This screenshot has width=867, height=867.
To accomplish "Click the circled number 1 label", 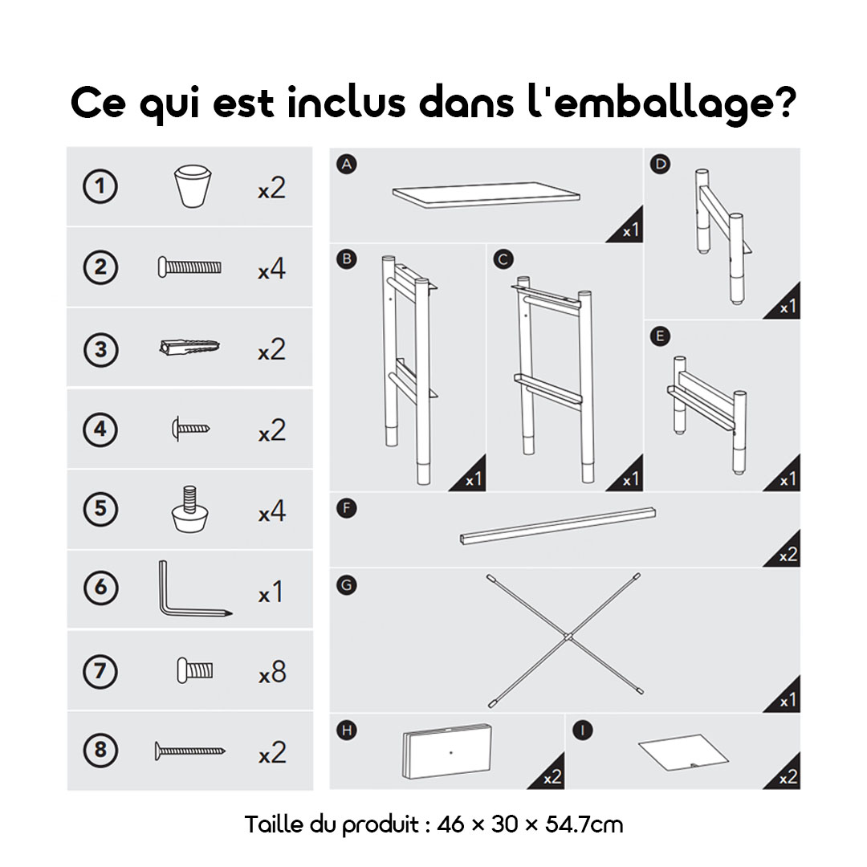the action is (x=100, y=186).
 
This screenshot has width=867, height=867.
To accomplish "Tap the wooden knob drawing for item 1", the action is (x=193, y=186).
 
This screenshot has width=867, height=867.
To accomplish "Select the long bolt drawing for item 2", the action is (x=189, y=267).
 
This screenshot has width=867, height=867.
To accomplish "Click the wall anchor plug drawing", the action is (x=189, y=348).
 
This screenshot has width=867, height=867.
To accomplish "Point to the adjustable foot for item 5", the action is (x=189, y=509).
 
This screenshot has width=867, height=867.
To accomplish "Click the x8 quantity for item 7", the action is (x=272, y=673).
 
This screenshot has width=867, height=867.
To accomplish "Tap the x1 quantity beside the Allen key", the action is (x=271, y=592).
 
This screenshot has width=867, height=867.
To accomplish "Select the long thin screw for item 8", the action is (x=190, y=751).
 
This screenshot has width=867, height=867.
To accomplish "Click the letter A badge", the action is (x=347, y=165).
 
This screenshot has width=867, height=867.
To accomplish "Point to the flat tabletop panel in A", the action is (x=486, y=194).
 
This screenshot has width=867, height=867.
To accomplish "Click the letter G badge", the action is (x=347, y=585).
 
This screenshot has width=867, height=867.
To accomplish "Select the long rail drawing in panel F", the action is (x=558, y=526).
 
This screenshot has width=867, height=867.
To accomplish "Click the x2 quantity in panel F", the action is (x=788, y=556).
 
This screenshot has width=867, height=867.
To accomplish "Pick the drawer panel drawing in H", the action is (x=447, y=751).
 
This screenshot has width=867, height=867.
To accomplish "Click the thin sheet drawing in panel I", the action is (x=684, y=752).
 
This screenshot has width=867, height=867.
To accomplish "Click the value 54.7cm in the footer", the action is (x=584, y=824).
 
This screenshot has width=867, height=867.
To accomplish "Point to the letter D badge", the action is (x=660, y=165).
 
